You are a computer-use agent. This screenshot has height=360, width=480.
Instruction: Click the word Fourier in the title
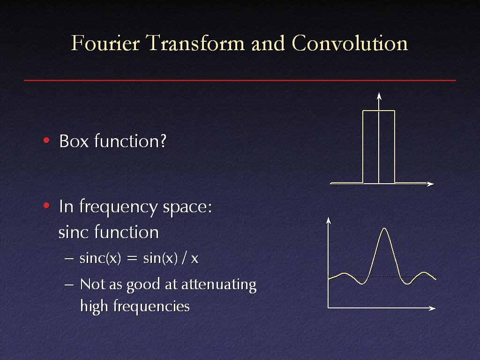click(105, 43)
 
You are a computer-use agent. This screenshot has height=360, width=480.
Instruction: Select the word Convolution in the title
click(350, 43)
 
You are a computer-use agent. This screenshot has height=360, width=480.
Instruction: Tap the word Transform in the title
click(195, 43)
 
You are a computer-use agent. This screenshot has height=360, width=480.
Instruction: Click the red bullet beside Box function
click(46, 141)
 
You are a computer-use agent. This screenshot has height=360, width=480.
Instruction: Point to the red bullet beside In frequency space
click(46, 205)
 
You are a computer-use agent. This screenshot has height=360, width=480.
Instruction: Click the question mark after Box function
click(163, 141)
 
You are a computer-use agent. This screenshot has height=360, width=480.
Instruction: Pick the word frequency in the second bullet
click(119, 207)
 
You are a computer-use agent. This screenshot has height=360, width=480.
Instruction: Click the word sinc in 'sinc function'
click(74, 232)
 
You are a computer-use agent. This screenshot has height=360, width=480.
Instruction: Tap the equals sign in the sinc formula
click(132, 259)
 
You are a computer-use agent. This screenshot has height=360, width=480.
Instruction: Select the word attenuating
click(219, 285)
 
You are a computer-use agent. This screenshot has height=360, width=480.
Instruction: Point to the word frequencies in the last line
click(151, 307)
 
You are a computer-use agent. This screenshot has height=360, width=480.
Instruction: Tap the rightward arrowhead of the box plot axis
click(431, 184)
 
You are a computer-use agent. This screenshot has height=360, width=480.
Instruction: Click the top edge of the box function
click(379, 111)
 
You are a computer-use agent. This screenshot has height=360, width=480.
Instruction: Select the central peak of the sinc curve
click(384, 228)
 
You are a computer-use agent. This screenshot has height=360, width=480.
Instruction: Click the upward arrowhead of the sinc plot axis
click(329, 220)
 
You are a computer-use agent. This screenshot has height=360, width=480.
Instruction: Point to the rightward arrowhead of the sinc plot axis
click(432, 308)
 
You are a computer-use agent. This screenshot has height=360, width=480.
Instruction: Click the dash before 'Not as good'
click(69, 285)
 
